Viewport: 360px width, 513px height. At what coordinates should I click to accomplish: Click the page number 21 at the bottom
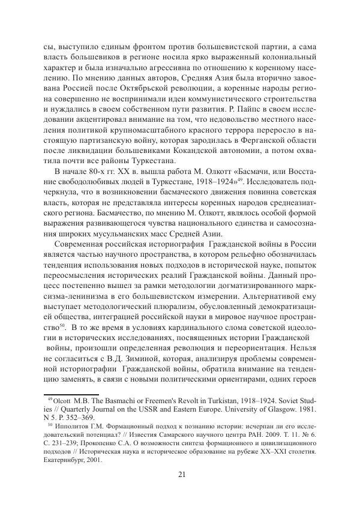(181, 476)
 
